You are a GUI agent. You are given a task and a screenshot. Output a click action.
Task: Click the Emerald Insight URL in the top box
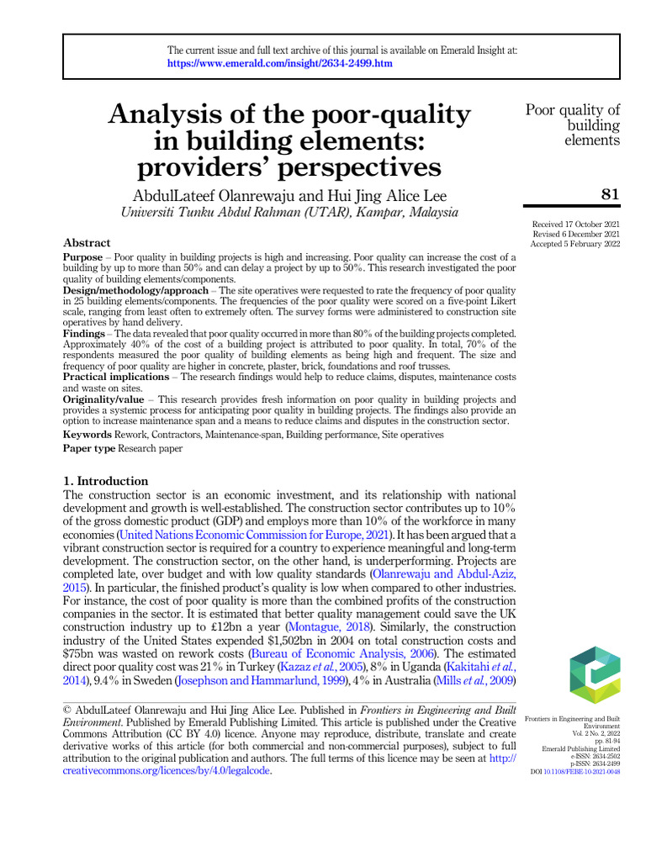pos(279,64)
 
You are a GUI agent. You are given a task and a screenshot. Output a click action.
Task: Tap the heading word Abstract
pos(87,243)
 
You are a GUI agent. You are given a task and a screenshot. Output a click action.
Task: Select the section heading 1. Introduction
pos(106,481)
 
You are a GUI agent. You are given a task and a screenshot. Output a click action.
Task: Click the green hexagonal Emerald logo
pos(594,674)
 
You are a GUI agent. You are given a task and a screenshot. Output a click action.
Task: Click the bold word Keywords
pos(87,435)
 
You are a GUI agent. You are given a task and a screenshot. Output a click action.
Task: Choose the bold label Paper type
pos(89,449)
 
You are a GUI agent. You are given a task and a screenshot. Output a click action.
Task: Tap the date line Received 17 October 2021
pos(575,224)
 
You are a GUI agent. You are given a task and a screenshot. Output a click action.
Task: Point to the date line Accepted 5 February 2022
pos(575,244)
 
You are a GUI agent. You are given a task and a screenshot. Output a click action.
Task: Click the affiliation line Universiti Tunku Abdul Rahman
pos(290,213)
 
